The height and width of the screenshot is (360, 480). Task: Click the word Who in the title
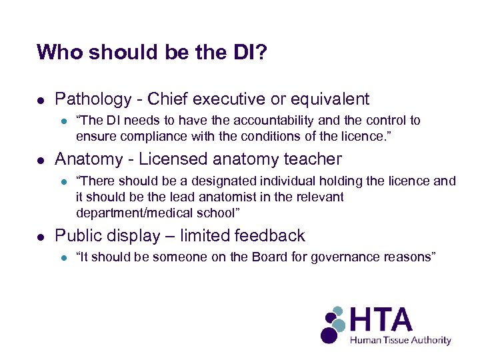pyautogui.click(x=58, y=52)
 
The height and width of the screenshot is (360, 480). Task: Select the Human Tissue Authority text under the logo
pyautogui.click(x=401, y=340)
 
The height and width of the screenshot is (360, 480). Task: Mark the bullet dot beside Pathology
pyautogui.click(x=41, y=100)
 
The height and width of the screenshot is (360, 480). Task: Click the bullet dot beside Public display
pyautogui.click(x=41, y=237)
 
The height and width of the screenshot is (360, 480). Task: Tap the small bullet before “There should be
pyautogui.click(x=63, y=181)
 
